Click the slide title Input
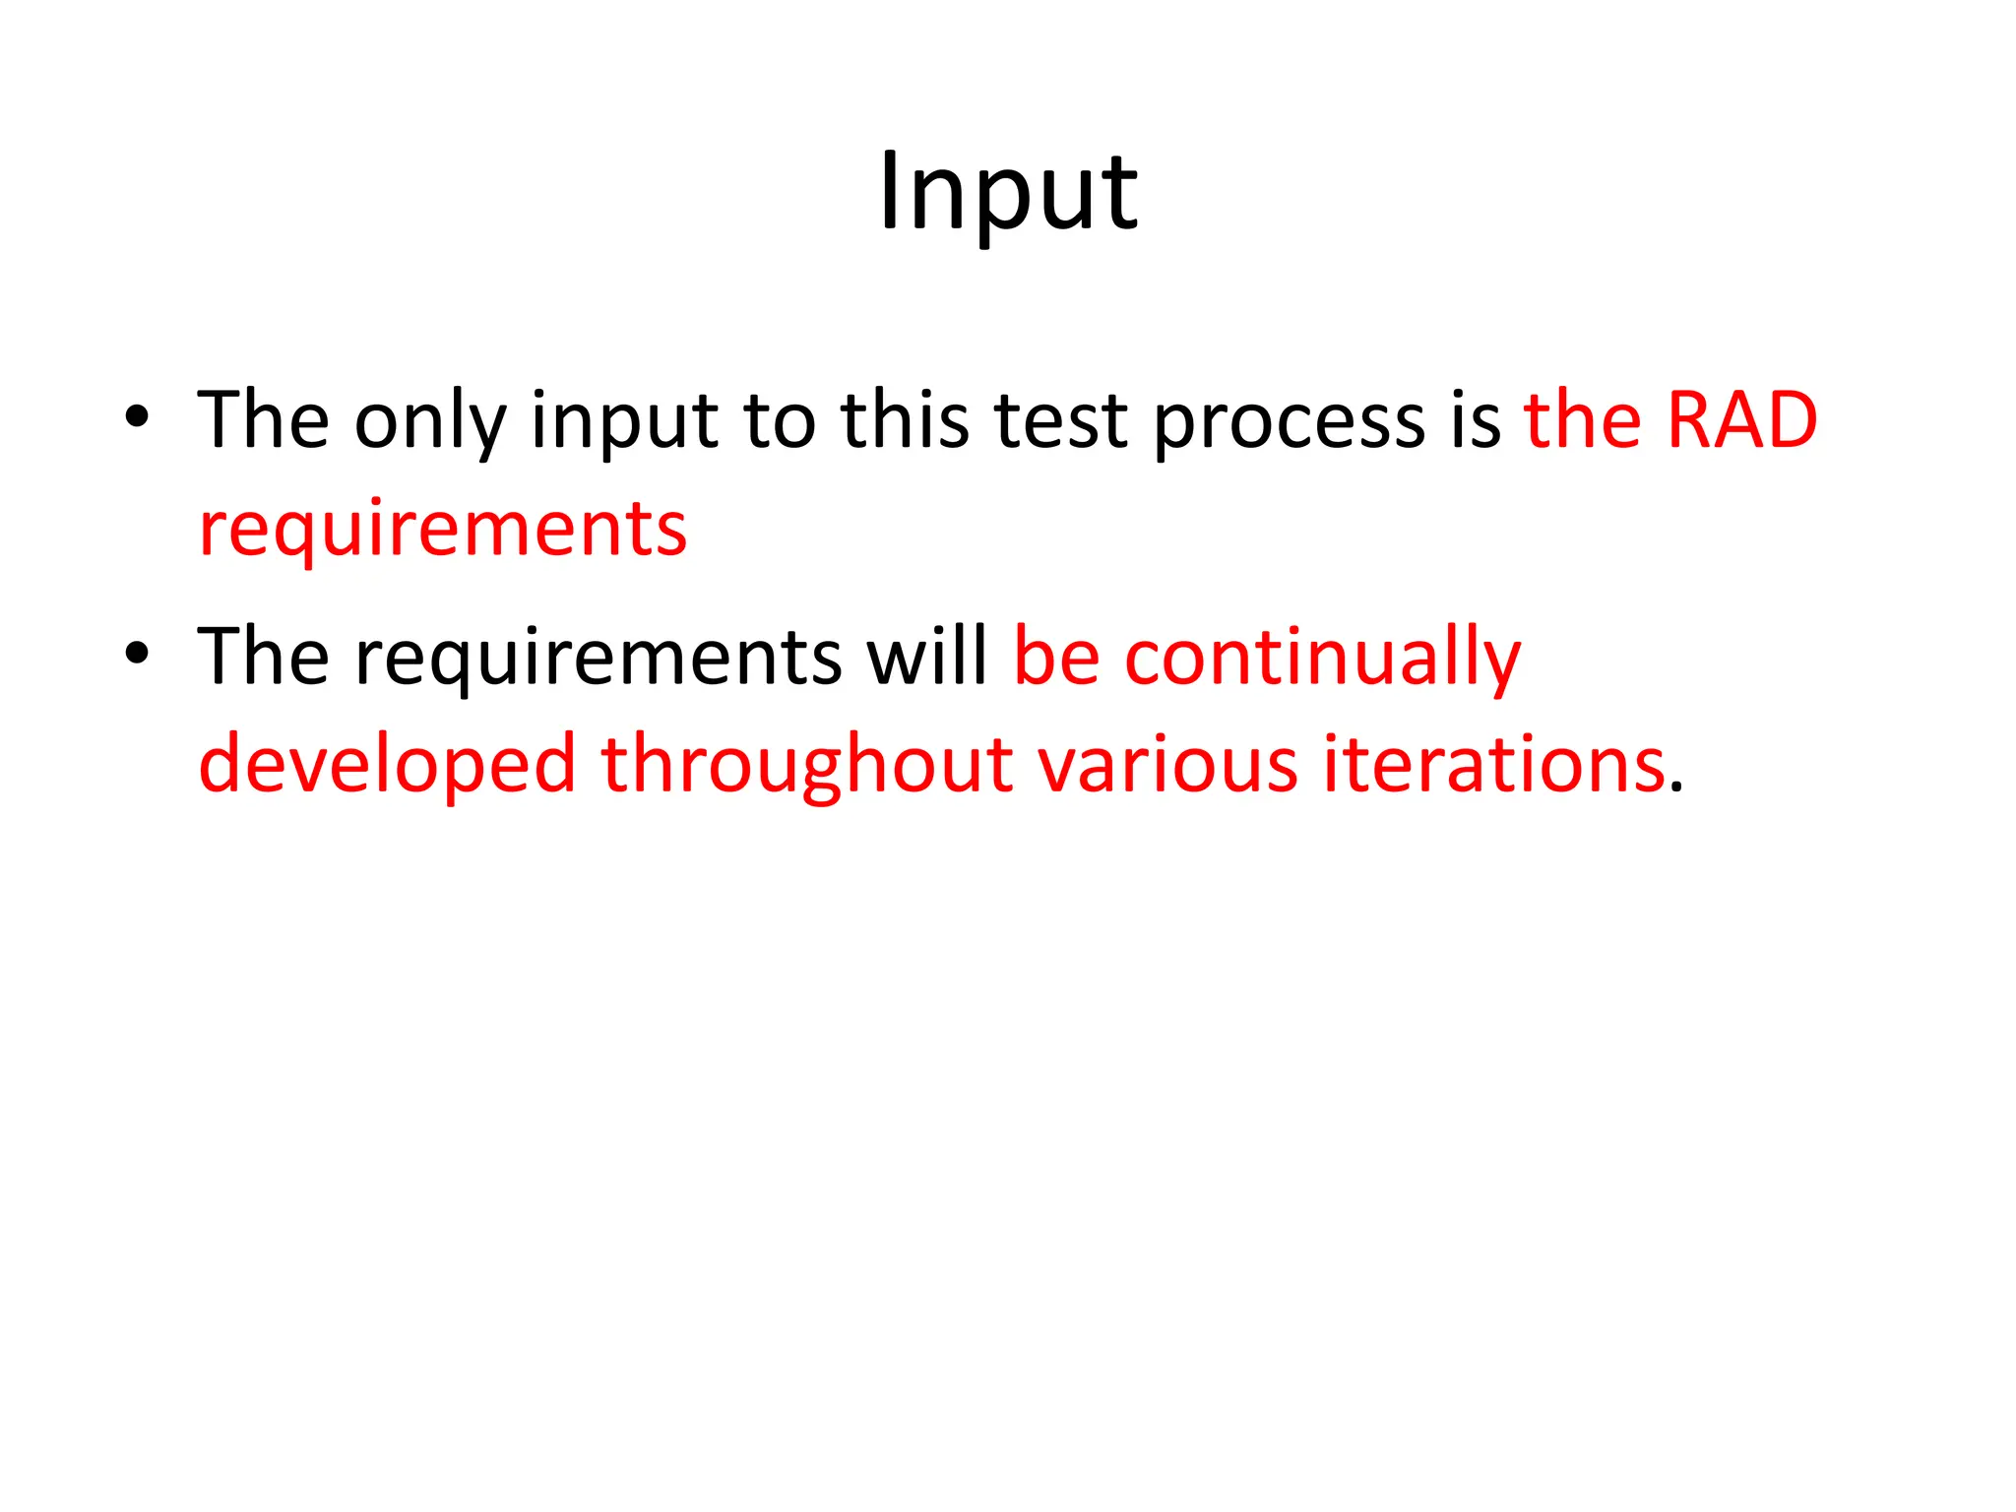click(1008, 194)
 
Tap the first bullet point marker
click(137, 417)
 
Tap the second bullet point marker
click(137, 654)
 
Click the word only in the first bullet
click(430, 421)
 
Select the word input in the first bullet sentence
click(624, 421)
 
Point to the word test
click(1061, 421)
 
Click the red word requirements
click(442, 531)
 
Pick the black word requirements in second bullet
click(598, 658)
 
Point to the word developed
click(387, 765)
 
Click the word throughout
click(807, 765)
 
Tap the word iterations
click(1493, 765)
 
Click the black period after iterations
click(1677, 787)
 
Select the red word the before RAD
click(1584, 420)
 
